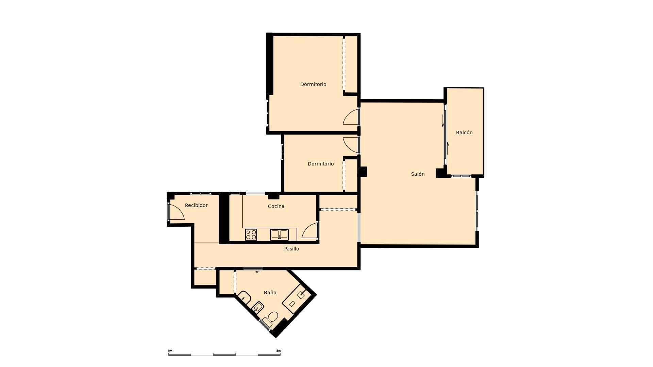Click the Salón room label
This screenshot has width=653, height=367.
click(418, 174)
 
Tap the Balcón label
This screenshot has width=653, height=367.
click(464, 133)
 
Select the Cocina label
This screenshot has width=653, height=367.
click(276, 206)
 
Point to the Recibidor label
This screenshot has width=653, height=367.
click(196, 205)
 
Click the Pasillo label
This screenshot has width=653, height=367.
click(292, 249)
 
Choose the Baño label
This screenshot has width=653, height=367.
click(270, 293)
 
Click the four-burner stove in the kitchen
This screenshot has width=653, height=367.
click(251, 234)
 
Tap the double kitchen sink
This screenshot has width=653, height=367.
click(279, 234)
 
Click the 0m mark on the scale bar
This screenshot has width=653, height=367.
click(170, 351)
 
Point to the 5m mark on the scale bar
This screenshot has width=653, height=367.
click(279, 351)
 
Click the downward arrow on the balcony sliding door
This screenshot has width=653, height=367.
click(443, 121)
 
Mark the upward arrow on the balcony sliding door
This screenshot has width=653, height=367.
click(448, 148)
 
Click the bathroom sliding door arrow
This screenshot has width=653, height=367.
click(257, 272)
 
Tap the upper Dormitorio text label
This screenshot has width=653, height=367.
click(313, 84)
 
